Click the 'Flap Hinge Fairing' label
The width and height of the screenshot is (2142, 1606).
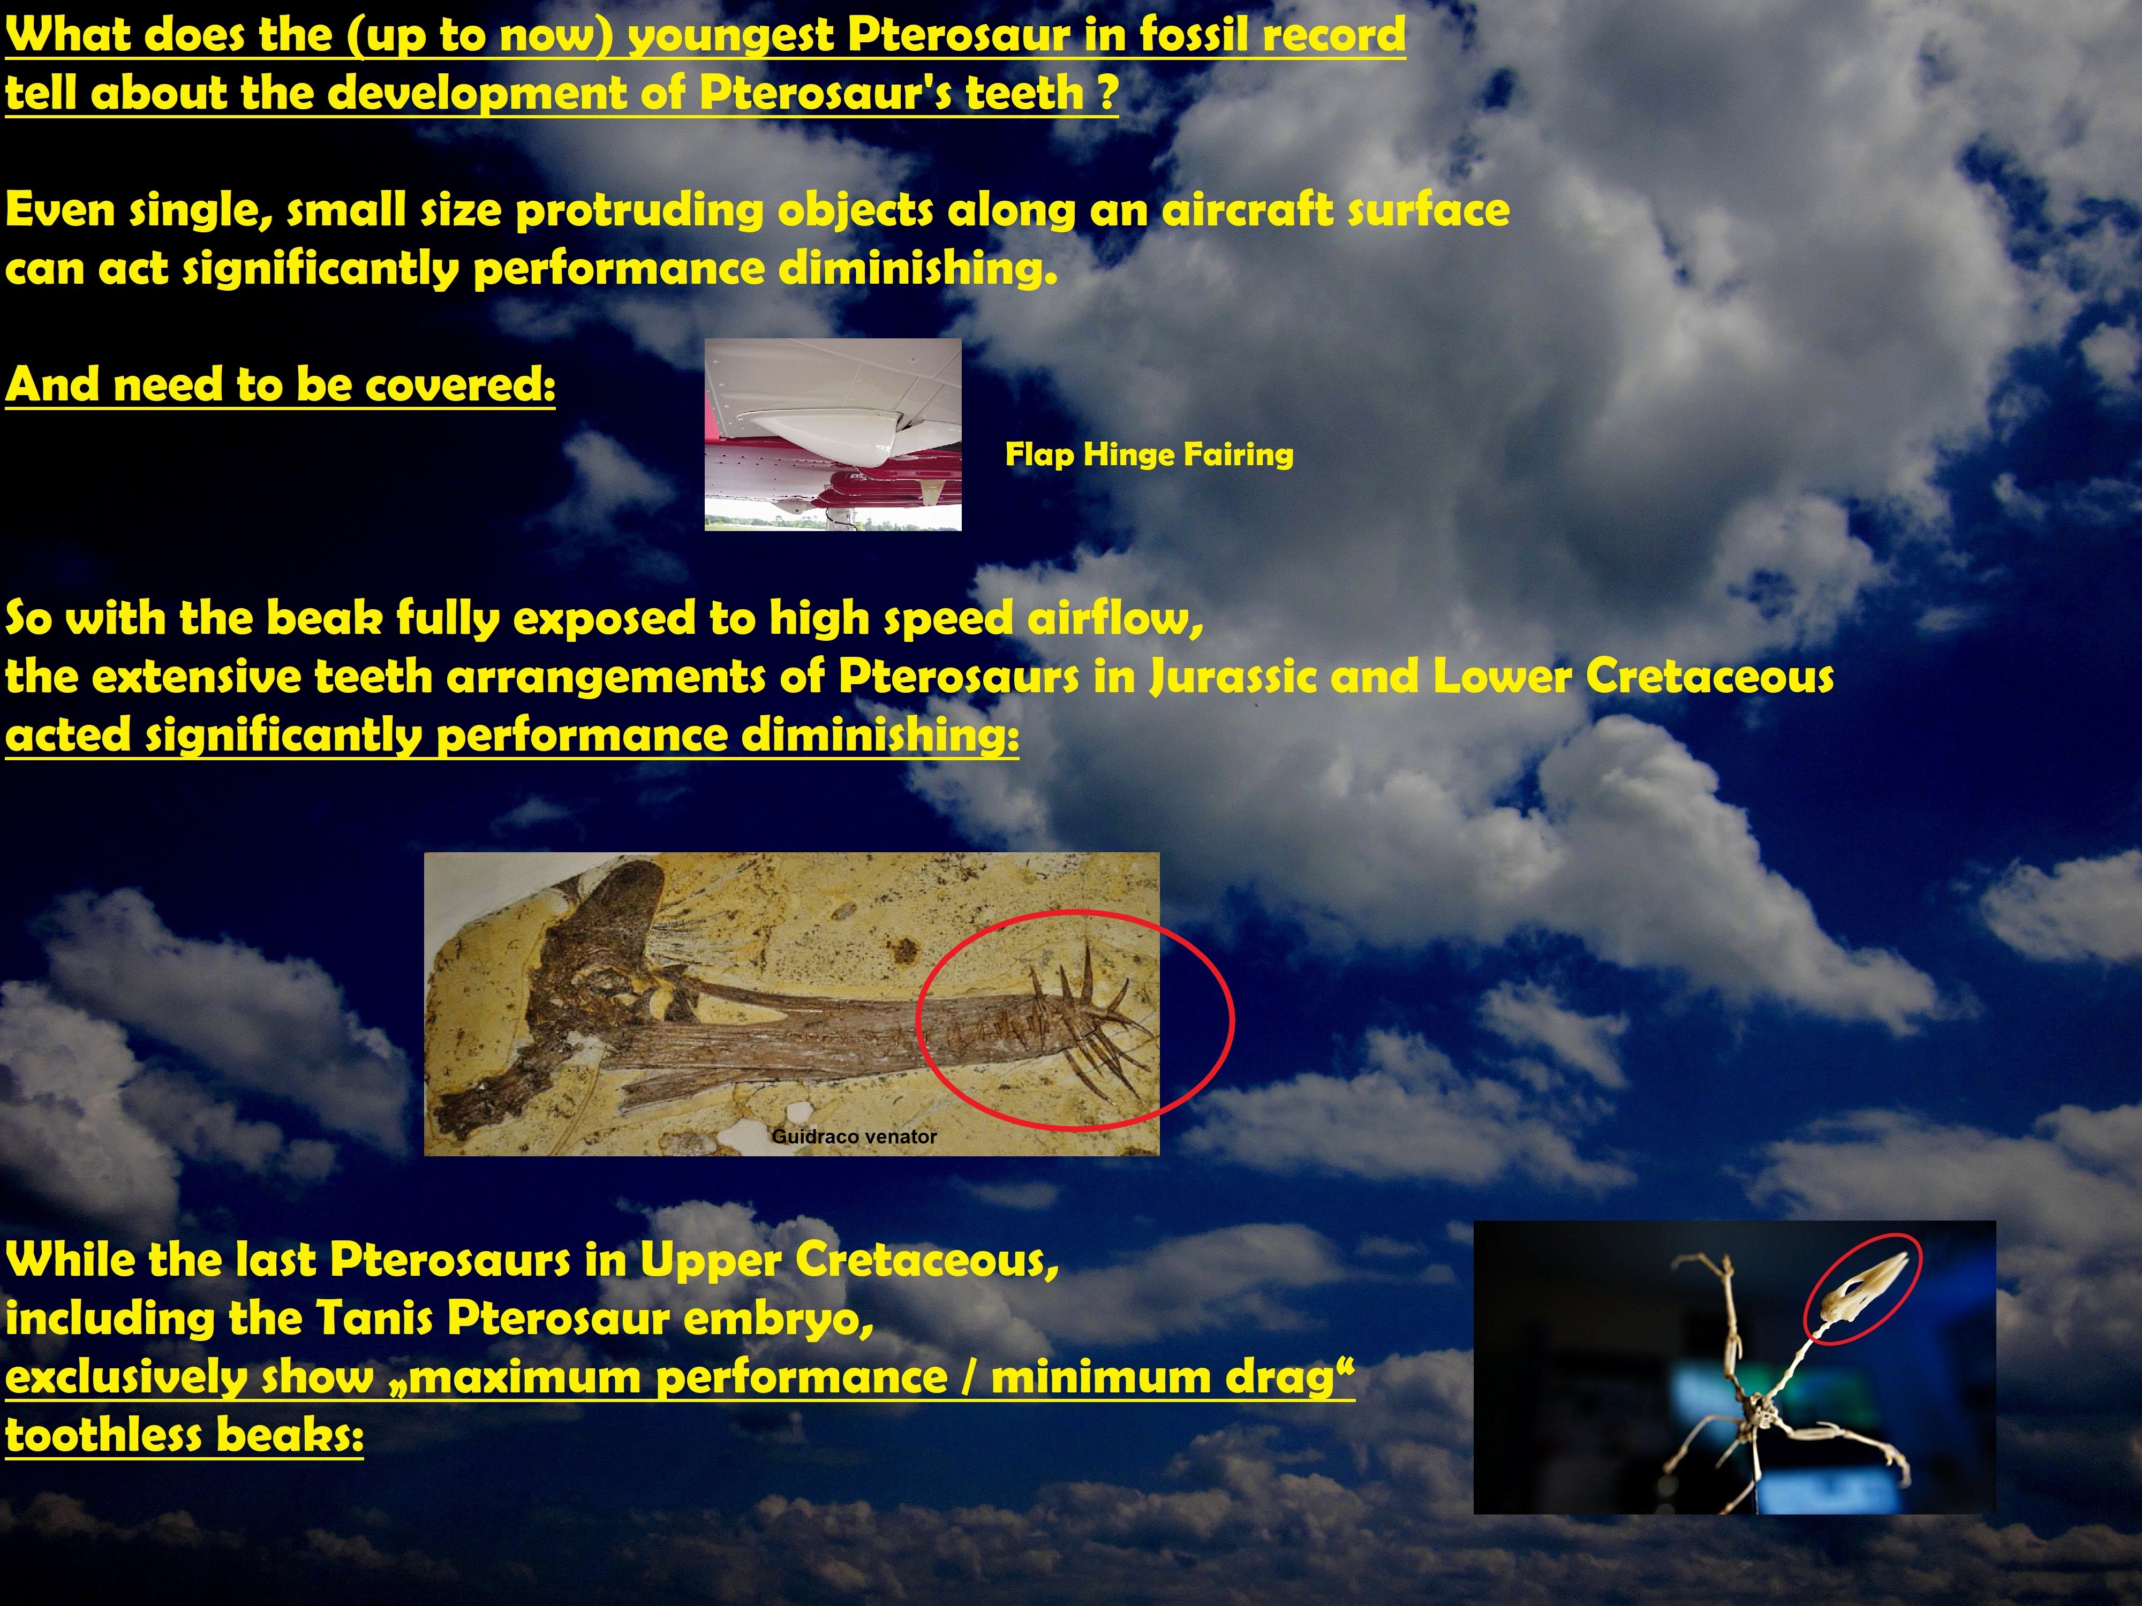pos(1149,454)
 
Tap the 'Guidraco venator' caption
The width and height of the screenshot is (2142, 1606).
pos(854,1137)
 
